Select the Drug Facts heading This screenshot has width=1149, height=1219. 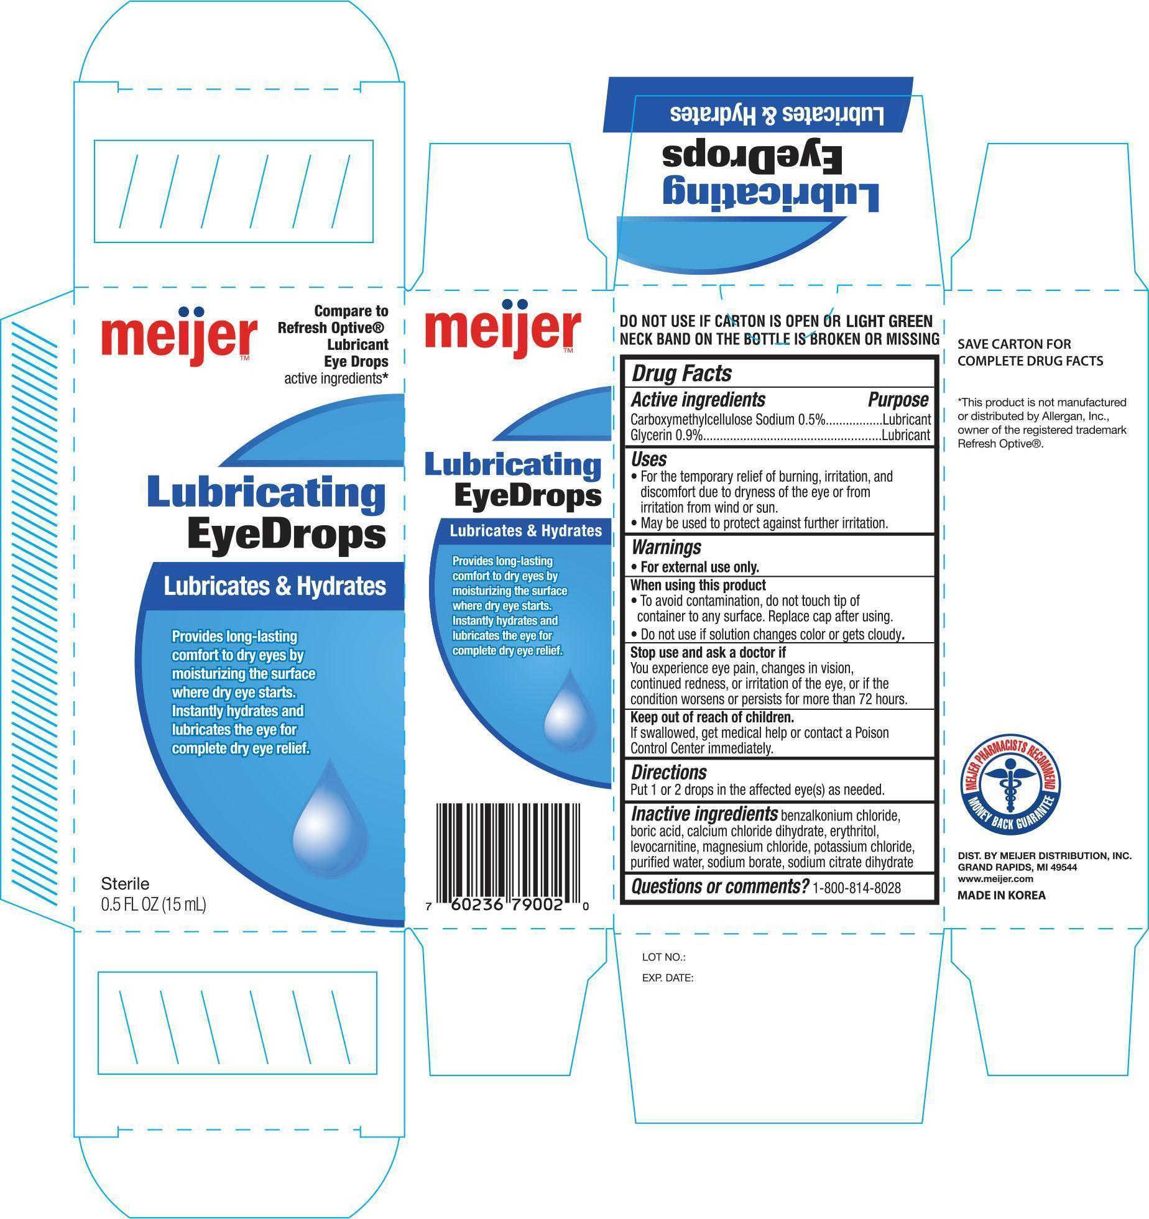coord(681,374)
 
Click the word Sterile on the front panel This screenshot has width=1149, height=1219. coord(125,883)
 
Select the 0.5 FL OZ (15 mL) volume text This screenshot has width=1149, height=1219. coord(153,904)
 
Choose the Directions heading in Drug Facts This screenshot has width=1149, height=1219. coord(669,773)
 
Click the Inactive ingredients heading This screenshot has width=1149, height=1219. coord(704,814)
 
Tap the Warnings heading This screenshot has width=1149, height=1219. coord(666,547)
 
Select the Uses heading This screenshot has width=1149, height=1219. coord(648,459)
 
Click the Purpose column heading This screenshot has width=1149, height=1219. coord(898,400)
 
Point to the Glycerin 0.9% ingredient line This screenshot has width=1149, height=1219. coord(780,436)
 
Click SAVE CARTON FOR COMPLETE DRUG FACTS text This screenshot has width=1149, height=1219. coord(1030,352)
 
